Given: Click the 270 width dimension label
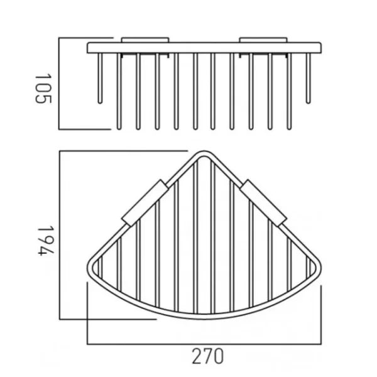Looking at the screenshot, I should pos(207,357).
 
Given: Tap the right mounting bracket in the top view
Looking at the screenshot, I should pos(264,201).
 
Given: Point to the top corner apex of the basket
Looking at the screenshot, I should pos(204,153).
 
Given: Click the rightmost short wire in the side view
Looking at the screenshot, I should pos(308,79).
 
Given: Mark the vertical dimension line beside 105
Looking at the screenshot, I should pos(59,83).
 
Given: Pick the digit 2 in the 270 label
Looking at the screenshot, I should pos(195,357).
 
